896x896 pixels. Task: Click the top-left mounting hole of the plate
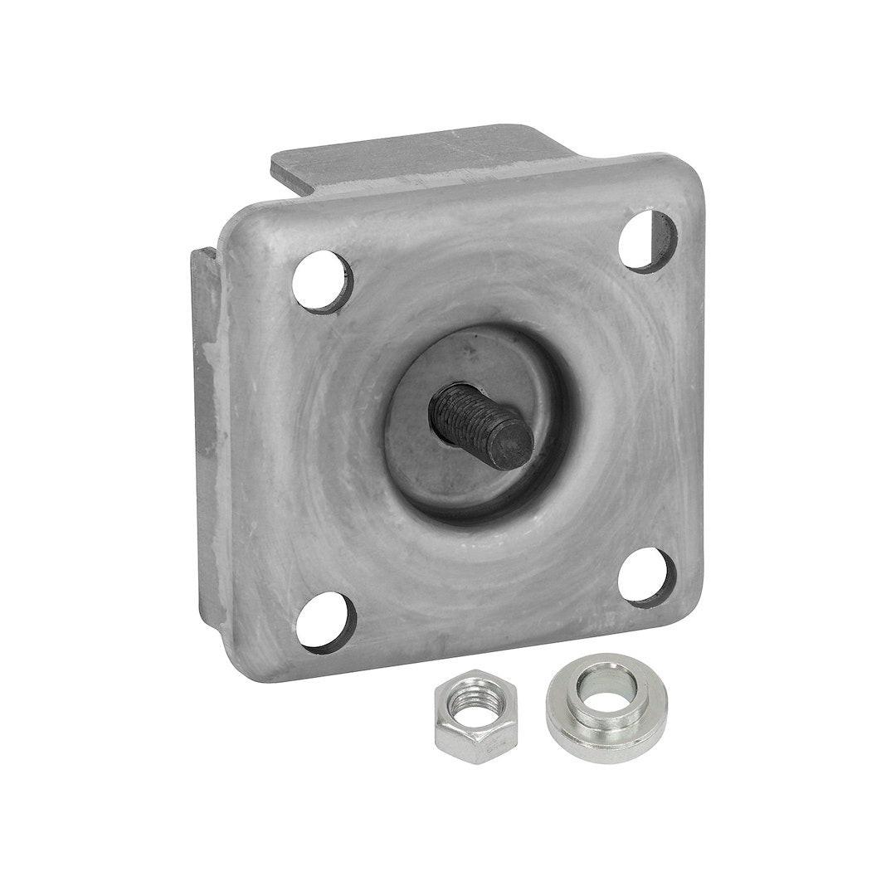click(x=323, y=281)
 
